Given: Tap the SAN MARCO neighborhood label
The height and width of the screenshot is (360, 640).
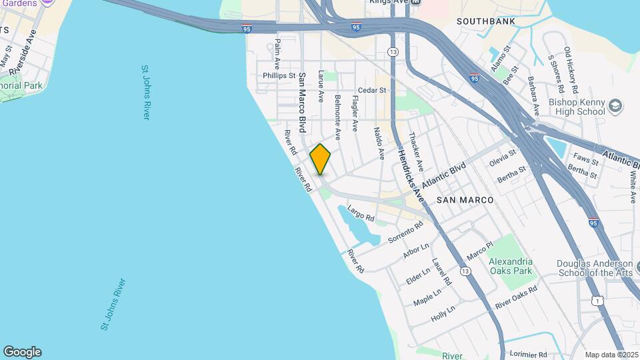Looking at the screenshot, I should pos(465,200).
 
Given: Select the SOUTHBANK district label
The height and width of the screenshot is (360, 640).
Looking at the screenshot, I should pos(486,21).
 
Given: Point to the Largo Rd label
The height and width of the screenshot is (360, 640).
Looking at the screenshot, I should pos(361,215).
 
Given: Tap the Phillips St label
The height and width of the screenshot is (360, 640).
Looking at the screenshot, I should pos(279,76).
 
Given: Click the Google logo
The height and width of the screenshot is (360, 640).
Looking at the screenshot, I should pos(22,352).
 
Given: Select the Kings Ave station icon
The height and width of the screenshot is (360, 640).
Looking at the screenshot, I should pos(416,2).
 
